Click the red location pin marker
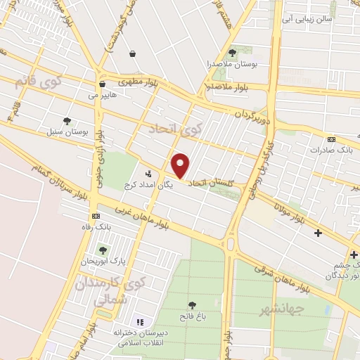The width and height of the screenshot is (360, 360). (181, 165)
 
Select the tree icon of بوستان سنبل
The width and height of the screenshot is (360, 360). (67, 121)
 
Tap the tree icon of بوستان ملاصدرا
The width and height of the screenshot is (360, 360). (233, 53)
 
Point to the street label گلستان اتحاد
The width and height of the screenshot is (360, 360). (208, 183)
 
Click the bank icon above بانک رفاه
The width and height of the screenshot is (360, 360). (96, 216)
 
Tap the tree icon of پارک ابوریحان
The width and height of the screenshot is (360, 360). (103, 250)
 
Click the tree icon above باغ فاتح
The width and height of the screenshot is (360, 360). (192, 305)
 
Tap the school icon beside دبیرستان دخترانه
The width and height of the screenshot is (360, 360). (139, 322)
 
